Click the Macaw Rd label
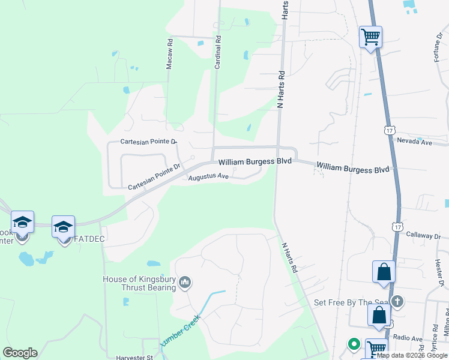[170, 53]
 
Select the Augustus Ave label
[208, 177]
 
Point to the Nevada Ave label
[414, 142]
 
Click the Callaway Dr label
[424, 236]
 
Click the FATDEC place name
[81, 239]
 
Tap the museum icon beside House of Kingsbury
[185, 282]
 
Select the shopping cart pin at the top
[370, 37]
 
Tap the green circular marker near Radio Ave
[354, 344]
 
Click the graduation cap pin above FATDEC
[63, 227]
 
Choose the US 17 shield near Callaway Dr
[396, 226]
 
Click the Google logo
[20, 353]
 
